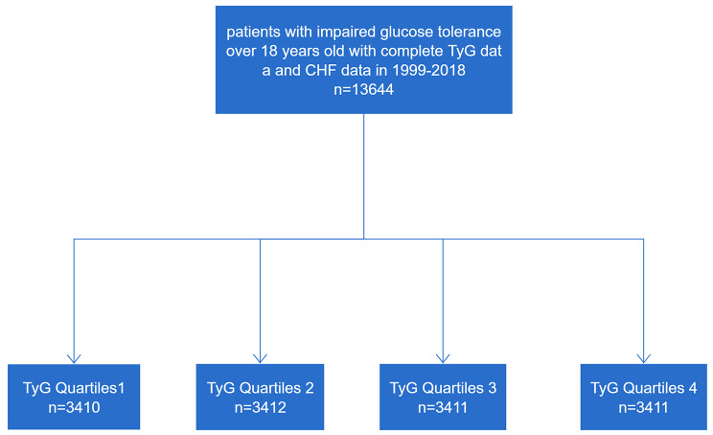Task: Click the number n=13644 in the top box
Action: pyautogui.click(x=363, y=89)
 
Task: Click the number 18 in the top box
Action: pyautogui.click(x=269, y=51)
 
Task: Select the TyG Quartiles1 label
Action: pyautogui.click(x=74, y=388)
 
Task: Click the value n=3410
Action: pyautogui.click(x=74, y=407)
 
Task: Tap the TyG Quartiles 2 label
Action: pyautogui.click(x=260, y=388)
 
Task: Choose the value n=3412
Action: pyautogui.click(x=260, y=407)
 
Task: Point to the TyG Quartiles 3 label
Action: pyautogui.click(x=443, y=388)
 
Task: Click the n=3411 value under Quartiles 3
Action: pyautogui.click(x=443, y=407)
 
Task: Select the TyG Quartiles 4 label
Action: pyautogui.click(x=643, y=388)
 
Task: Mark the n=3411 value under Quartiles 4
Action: pyautogui.click(x=643, y=407)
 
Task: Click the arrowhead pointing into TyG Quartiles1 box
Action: pyautogui.click(x=74, y=359)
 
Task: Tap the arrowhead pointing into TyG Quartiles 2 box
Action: pyautogui.click(x=260, y=359)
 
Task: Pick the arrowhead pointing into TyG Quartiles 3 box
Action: pyautogui.click(x=443, y=359)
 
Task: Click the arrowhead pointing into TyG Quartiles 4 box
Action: pyautogui.click(x=643, y=359)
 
